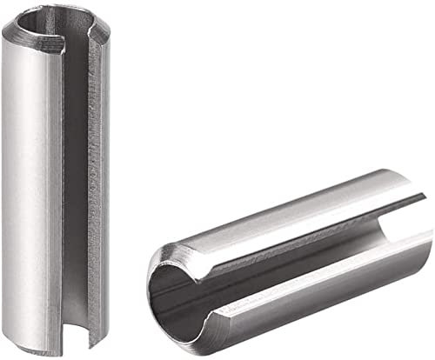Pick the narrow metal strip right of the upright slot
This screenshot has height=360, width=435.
[x=105, y=191]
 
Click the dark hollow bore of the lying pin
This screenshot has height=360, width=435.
[x=178, y=296]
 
